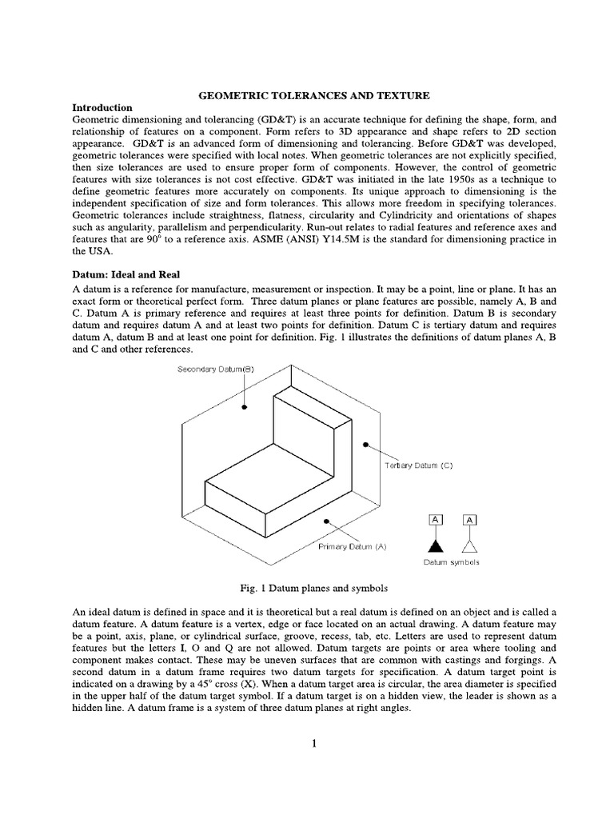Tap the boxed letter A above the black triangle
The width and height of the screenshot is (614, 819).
pyautogui.click(x=436, y=520)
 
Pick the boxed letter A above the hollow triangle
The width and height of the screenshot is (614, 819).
pyautogui.click(x=469, y=520)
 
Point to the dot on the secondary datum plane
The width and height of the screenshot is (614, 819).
pyautogui.click(x=245, y=407)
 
